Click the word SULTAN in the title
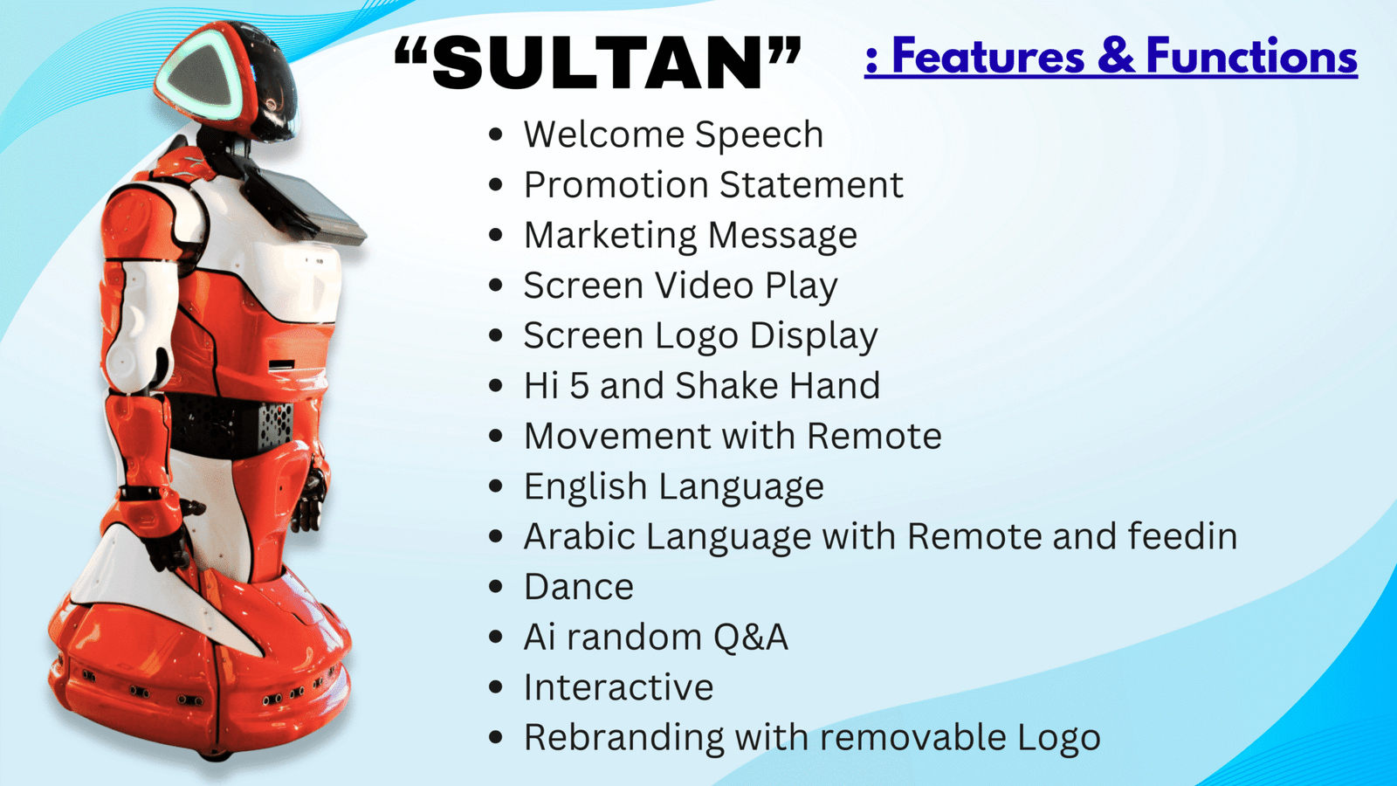pos(597,63)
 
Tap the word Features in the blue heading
pos(988,56)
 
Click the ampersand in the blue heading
pos(1115,56)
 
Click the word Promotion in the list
pos(616,184)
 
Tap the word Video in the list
pos(704,286)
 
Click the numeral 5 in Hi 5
pos(579,385)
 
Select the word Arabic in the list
pos(580,536)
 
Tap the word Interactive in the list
pos(619,687)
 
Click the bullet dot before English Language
pos(496,486)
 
